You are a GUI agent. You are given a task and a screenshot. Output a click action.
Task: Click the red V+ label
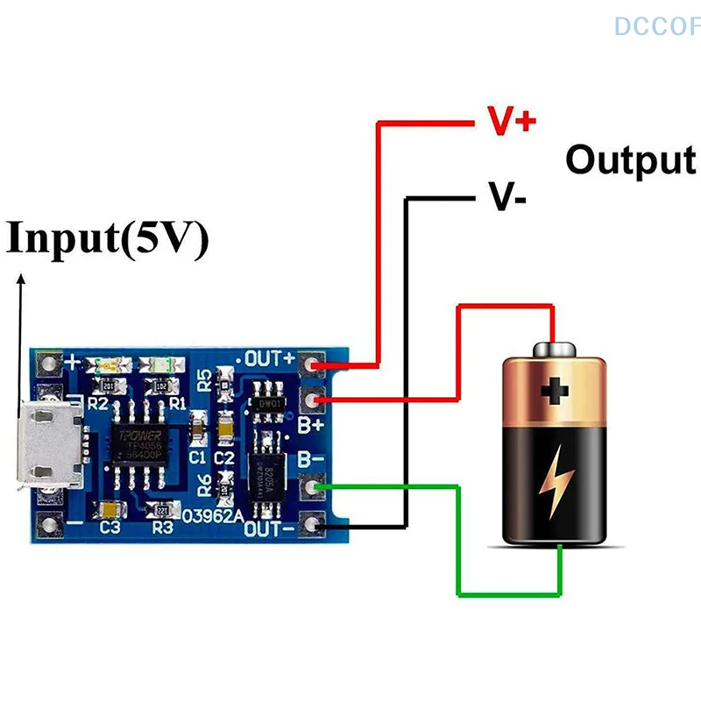click(512, 122)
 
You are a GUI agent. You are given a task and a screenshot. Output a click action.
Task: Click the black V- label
click(507, 198)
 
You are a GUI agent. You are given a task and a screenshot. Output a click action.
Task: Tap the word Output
click(630, 160)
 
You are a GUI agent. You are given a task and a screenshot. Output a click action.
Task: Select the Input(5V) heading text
click(108, 238)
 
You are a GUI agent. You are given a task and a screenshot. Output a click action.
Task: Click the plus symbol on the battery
click(553, 391)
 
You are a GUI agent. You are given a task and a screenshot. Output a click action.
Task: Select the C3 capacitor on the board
click(110, 508)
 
